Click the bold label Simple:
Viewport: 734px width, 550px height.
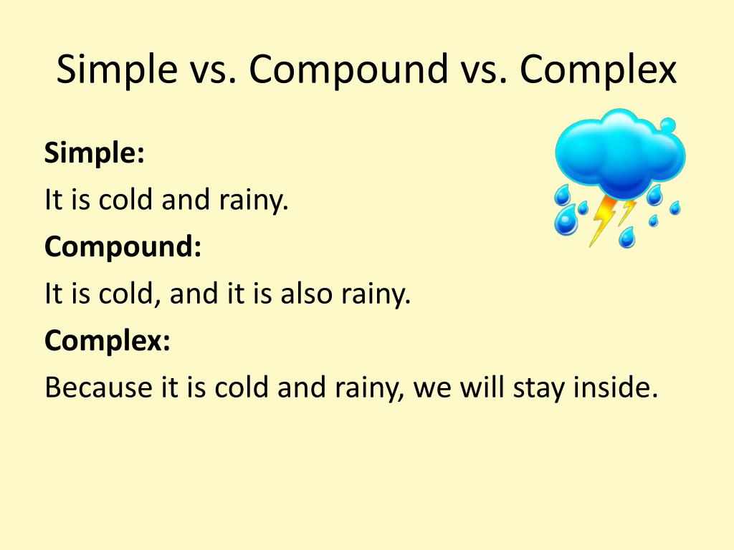[x=95, y=153]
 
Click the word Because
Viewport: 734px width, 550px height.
[x=98, y=387]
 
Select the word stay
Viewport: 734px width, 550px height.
[x=540, y=389]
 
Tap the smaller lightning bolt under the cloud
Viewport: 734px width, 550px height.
[x=627, y=211]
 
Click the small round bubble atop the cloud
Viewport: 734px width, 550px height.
[x=667, y=125]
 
